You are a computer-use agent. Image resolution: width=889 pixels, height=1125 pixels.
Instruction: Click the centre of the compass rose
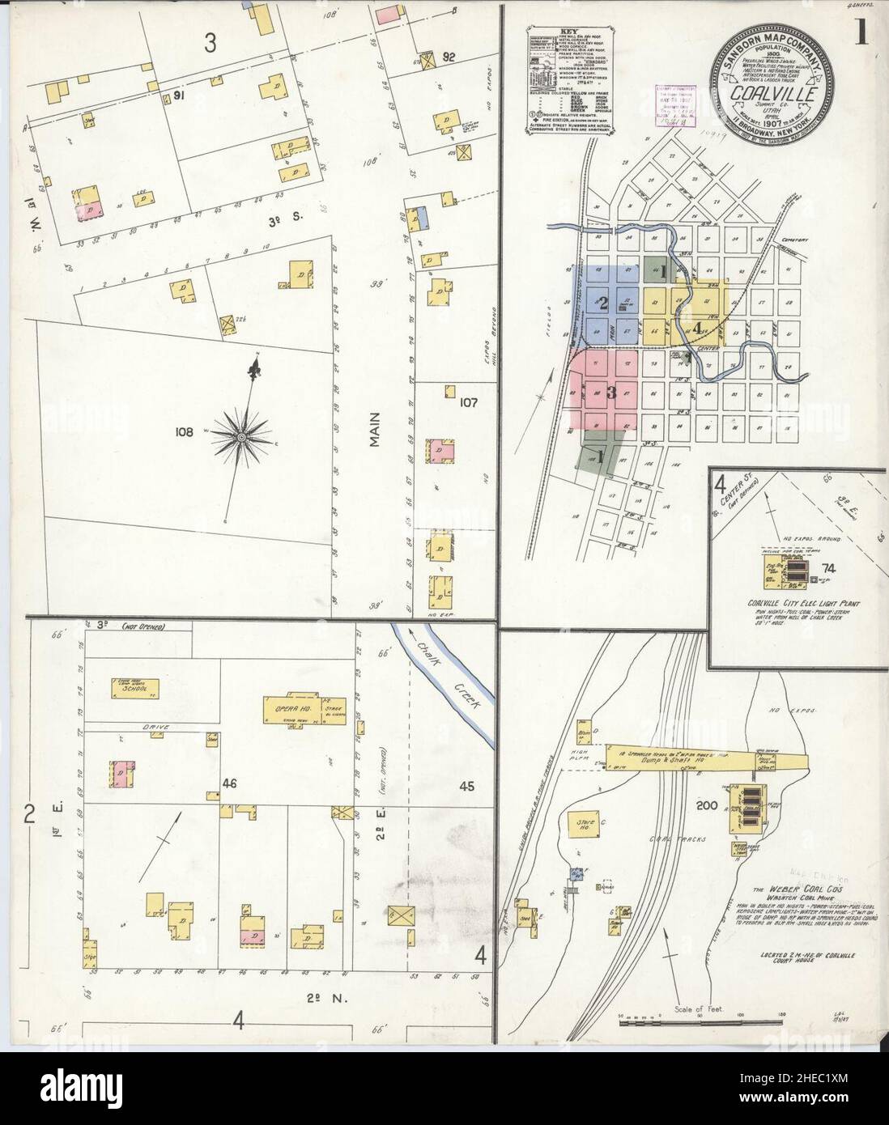[240, 437]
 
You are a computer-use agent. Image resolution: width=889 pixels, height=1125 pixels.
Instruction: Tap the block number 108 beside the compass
[183, 432]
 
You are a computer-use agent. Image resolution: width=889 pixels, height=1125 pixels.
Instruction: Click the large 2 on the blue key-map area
[602, 304]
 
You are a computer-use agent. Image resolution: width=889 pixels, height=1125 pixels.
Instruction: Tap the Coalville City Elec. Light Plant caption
[798, 603]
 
